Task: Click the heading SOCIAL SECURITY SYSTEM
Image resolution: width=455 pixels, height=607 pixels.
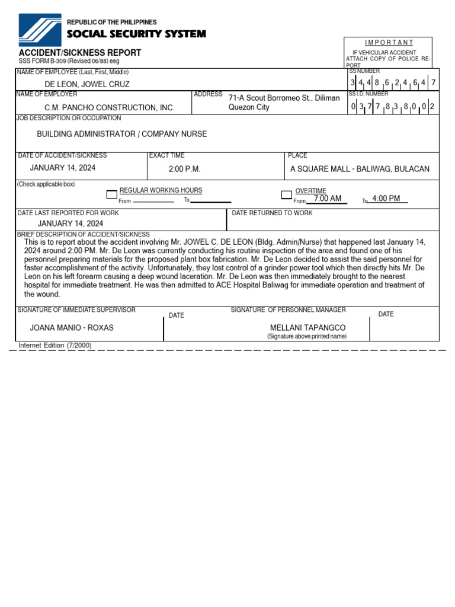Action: coord(136,34)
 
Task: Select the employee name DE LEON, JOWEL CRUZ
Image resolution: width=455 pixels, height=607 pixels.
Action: coord(87,84)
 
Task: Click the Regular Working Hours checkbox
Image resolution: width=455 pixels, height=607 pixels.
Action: coord(111,194)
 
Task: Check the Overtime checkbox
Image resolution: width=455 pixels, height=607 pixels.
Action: coord(286,194)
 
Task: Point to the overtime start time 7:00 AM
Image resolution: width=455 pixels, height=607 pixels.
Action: coord(328,198)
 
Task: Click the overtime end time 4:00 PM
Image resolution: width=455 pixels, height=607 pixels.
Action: coord(386,198)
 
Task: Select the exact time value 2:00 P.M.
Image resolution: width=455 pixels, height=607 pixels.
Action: coord(184,169)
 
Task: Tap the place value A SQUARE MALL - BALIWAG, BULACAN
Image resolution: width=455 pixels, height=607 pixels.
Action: coord(360,169)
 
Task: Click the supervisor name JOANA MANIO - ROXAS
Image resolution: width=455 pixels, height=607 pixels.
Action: coord(72,327)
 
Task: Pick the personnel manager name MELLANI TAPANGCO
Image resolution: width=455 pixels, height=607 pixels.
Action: coord(307,328)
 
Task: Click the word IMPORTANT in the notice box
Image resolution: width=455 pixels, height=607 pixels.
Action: coord(389,43)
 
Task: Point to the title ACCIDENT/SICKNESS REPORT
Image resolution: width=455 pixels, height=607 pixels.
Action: coord(80,53)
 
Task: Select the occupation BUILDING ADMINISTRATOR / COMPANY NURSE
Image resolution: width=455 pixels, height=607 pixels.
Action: coord(122,134)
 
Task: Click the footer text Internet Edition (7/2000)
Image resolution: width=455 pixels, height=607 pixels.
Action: coord(55,345)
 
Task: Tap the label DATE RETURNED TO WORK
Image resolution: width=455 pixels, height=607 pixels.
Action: coord(272,213)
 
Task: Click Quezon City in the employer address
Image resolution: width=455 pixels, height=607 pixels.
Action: coord(249,107)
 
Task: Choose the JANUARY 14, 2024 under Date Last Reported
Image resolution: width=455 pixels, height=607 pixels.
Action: coord(71,223)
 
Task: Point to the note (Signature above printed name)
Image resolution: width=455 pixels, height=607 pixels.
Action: coord(307,336)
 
